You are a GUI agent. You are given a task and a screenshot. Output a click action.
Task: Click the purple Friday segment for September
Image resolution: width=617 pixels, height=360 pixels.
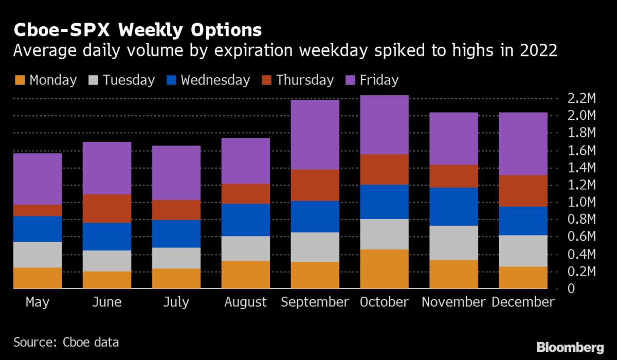tap(315, 134)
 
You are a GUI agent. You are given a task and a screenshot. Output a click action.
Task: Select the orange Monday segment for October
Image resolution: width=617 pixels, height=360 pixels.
tap(384, 268)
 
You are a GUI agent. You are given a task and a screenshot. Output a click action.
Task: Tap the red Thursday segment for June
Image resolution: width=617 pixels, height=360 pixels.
tap(106, 208)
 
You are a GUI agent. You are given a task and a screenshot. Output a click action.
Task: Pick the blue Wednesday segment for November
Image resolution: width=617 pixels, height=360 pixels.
tap(453, 206)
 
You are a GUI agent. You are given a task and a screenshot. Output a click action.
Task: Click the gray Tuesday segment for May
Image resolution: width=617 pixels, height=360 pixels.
tap(38, 255)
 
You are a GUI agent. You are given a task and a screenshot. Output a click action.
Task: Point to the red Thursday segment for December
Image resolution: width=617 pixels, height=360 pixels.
tap(523, 191)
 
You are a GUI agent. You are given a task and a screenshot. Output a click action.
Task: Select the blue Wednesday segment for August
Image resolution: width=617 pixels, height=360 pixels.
tap(245, 220)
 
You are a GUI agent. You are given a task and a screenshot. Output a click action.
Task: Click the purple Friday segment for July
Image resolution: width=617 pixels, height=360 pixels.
tap(176, 173)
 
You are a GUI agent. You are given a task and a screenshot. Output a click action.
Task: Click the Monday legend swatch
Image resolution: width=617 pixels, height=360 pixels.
tap(19, 80)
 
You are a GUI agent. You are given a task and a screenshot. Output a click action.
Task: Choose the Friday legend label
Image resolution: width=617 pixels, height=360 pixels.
tap(378, 80)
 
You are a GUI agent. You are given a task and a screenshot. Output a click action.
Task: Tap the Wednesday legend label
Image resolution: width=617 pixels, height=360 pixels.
tap(215, 80)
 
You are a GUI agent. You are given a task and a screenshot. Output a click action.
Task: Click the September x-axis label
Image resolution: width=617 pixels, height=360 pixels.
tap(315, 302)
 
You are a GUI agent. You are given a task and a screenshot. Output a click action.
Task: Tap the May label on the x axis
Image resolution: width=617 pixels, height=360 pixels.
tap(38, 302)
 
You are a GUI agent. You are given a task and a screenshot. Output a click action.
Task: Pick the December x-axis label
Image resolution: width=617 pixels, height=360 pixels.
tap(523, 302)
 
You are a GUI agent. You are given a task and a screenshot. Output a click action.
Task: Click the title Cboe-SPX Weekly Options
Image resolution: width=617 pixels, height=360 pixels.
tap(137, 30)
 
